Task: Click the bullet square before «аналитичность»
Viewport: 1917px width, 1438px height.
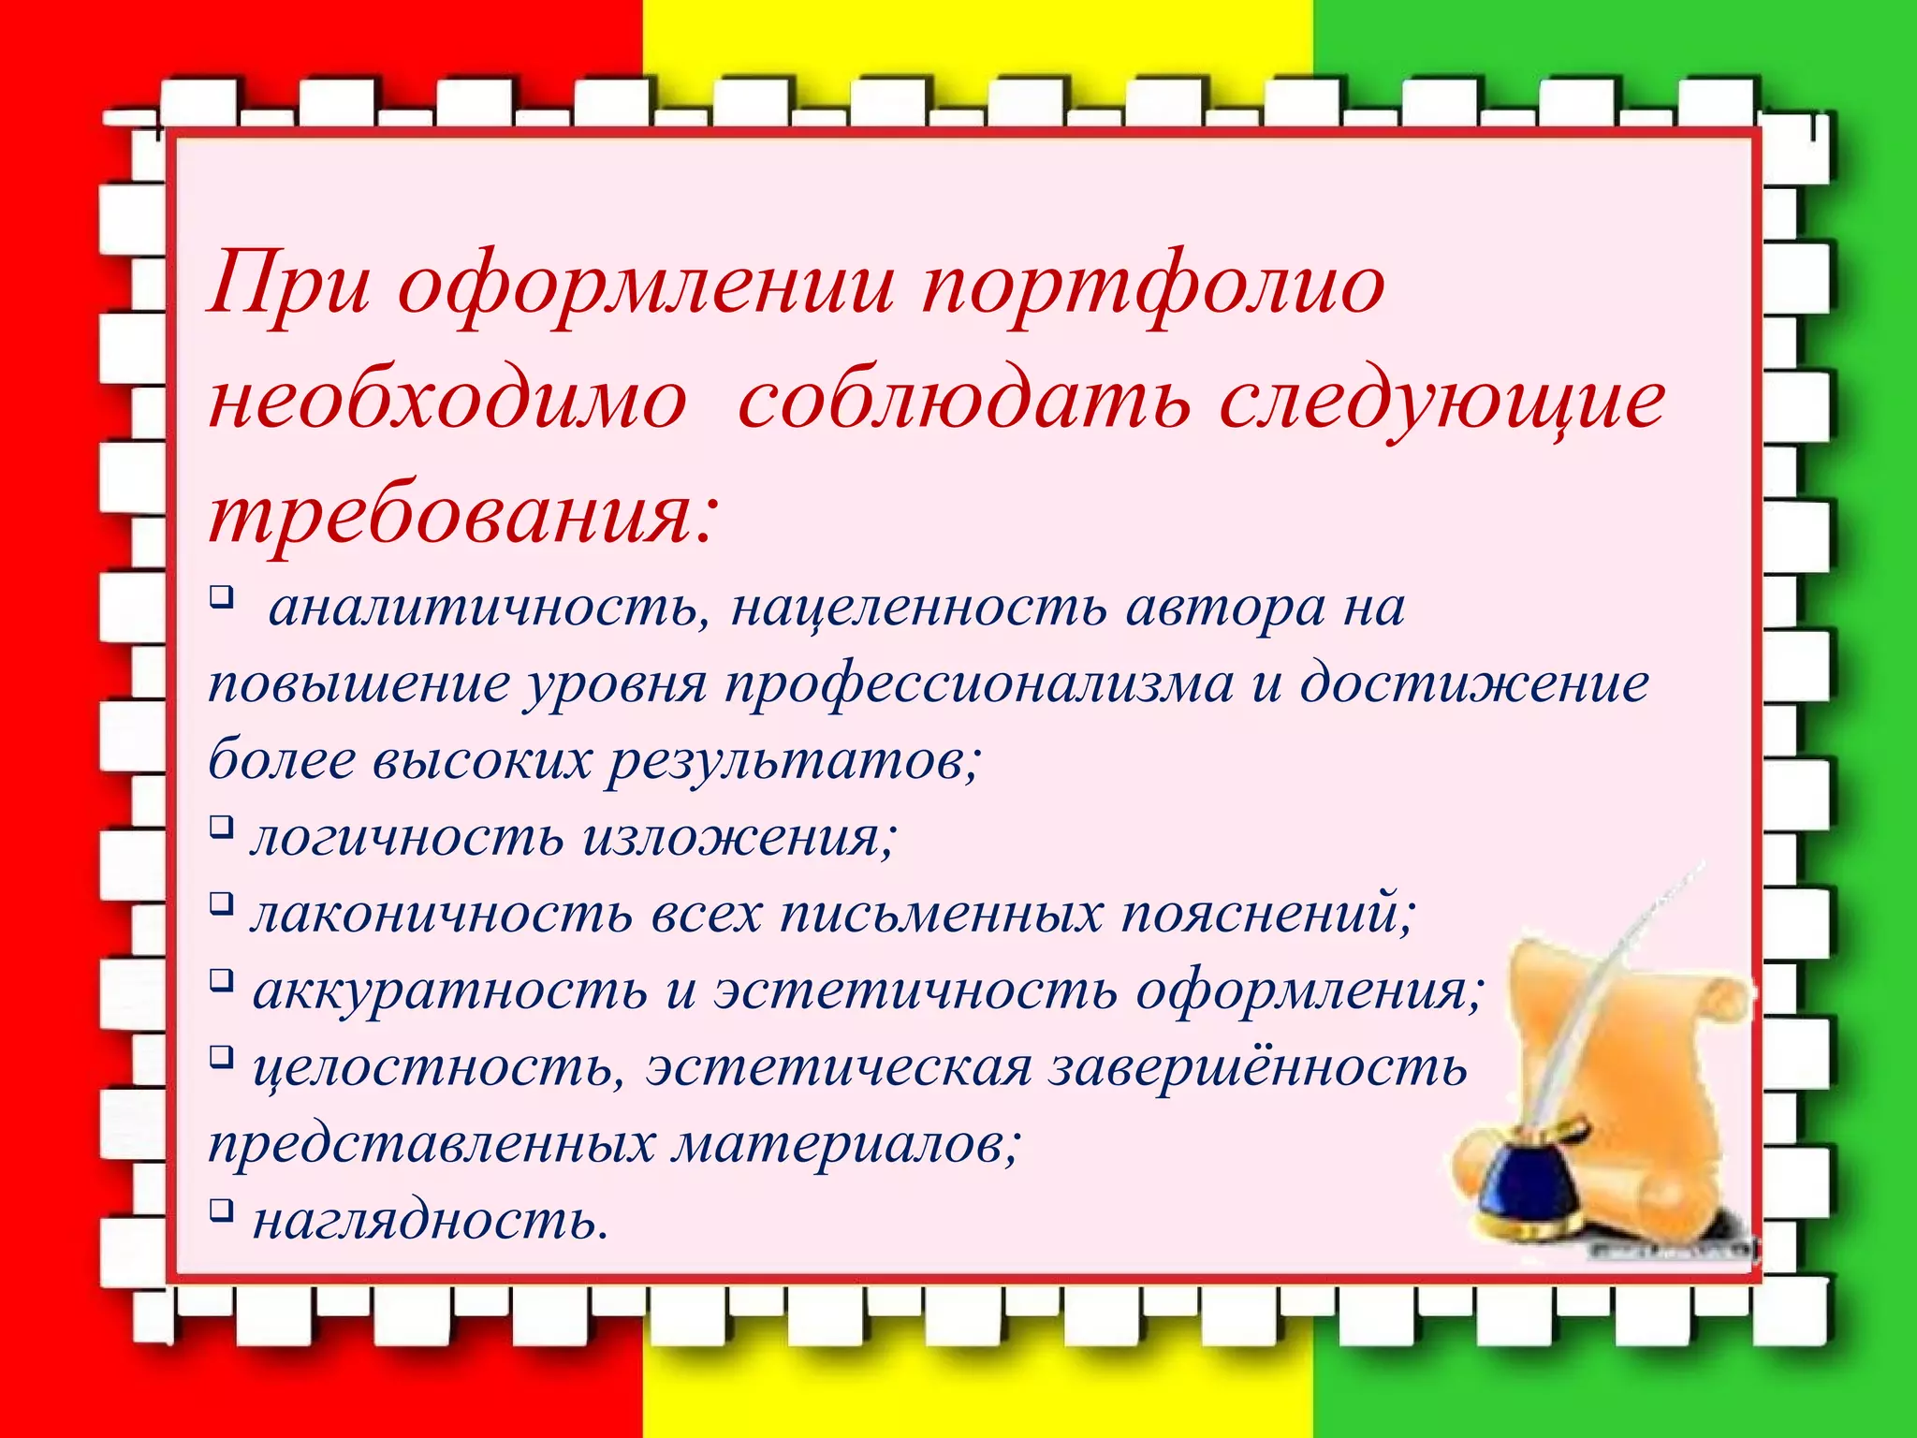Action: pyautogui.click(x=220, y=595)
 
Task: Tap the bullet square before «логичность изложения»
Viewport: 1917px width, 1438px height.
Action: pyautogui.click(x=220, y=827)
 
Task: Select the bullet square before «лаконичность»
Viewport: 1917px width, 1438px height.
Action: pyautogui.click(x=220, y=903)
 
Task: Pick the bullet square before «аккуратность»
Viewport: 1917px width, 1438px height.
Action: pyautogui.click(x=220, y=980)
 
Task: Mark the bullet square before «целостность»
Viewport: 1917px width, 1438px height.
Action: pyautogui.click(x=220, y=1057)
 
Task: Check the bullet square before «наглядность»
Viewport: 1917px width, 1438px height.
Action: pyautogui.click(x=220, y=1211)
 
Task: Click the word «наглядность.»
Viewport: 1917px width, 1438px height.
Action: pyautogui.click(x=431, y=1221)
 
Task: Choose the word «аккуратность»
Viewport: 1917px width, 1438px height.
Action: pyautogui.click(x=449, y=990)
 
